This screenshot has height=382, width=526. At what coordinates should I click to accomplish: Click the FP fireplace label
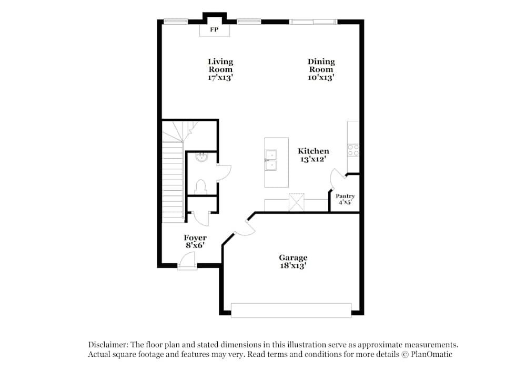click(214, 30)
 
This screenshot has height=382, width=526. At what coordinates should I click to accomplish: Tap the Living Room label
click(220, 65)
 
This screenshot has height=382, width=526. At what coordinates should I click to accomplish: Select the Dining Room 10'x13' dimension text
click(321, 77)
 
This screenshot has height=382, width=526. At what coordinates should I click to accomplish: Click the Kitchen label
click(313, 151)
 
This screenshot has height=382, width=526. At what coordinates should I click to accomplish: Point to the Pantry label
click(345, 196)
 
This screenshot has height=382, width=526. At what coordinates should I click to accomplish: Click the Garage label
click(293, 257)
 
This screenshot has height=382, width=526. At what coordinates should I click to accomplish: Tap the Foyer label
click(195, 238)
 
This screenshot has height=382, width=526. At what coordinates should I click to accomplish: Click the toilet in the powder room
click(200, 185)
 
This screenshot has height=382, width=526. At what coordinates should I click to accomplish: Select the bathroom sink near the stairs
click(200, 157)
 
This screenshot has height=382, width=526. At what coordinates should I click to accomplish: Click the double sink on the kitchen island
click(271, 160)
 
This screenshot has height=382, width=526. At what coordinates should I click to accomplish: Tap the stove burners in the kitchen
click(353, 150)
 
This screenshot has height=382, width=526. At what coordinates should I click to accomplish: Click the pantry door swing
click(335, 179)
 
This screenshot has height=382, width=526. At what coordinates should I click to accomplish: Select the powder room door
click(222, 171)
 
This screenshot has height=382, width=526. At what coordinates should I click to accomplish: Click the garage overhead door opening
click(291, 310)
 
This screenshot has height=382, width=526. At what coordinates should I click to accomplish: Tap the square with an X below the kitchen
click(297, 202)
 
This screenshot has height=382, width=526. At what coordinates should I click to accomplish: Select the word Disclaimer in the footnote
click(107, 345)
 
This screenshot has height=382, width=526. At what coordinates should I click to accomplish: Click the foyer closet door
click(200, 218)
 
